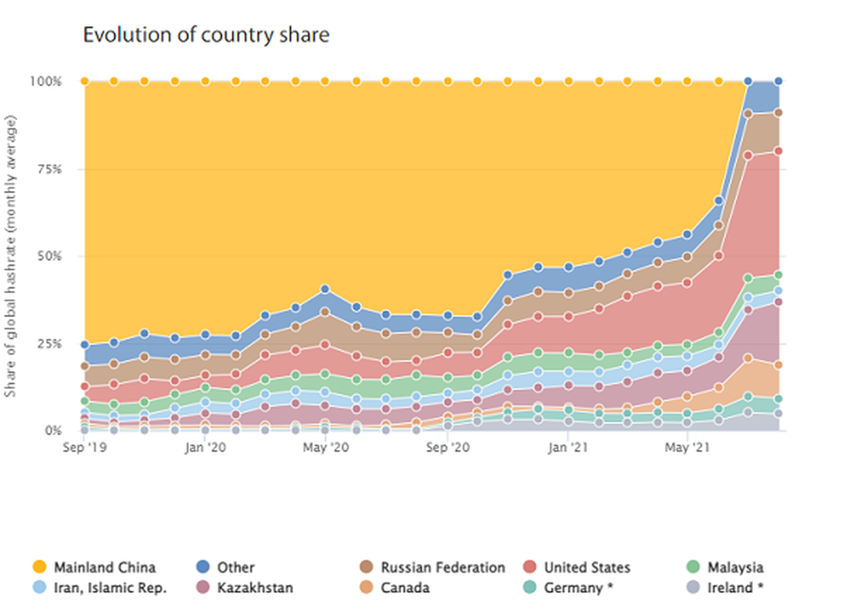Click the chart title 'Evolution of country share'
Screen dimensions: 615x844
206,35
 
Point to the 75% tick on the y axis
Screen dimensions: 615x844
49,169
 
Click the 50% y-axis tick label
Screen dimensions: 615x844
49,256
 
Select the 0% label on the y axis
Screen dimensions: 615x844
53,430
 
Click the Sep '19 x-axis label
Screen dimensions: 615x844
84,447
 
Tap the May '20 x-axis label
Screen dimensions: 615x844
326,447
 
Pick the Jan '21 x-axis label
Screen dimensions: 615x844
567,447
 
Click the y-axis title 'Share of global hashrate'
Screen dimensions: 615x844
10,256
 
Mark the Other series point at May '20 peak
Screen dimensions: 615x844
325,289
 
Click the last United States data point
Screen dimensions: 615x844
778,151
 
